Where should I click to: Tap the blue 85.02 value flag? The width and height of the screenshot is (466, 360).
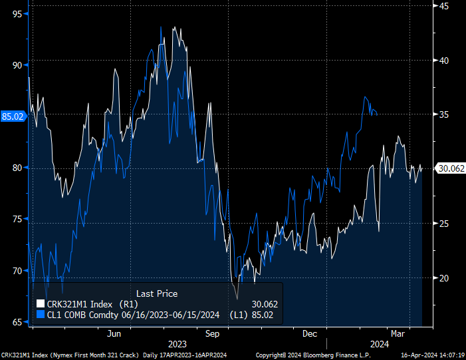[13, 116]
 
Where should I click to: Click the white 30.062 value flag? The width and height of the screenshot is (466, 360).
[450, 168]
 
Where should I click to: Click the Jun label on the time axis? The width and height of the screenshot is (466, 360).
[115, 333]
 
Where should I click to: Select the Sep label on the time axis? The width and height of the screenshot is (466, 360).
[213, 333]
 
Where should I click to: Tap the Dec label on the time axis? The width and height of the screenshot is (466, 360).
[309, 333]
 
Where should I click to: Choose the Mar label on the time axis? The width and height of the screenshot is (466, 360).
[398, 333]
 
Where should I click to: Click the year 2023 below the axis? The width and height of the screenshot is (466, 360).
[177, 344]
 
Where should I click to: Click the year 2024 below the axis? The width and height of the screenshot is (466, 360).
[379, 344]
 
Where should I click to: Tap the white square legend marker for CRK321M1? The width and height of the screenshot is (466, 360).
[40, 304]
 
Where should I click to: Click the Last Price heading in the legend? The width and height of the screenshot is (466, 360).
[157, 293]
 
